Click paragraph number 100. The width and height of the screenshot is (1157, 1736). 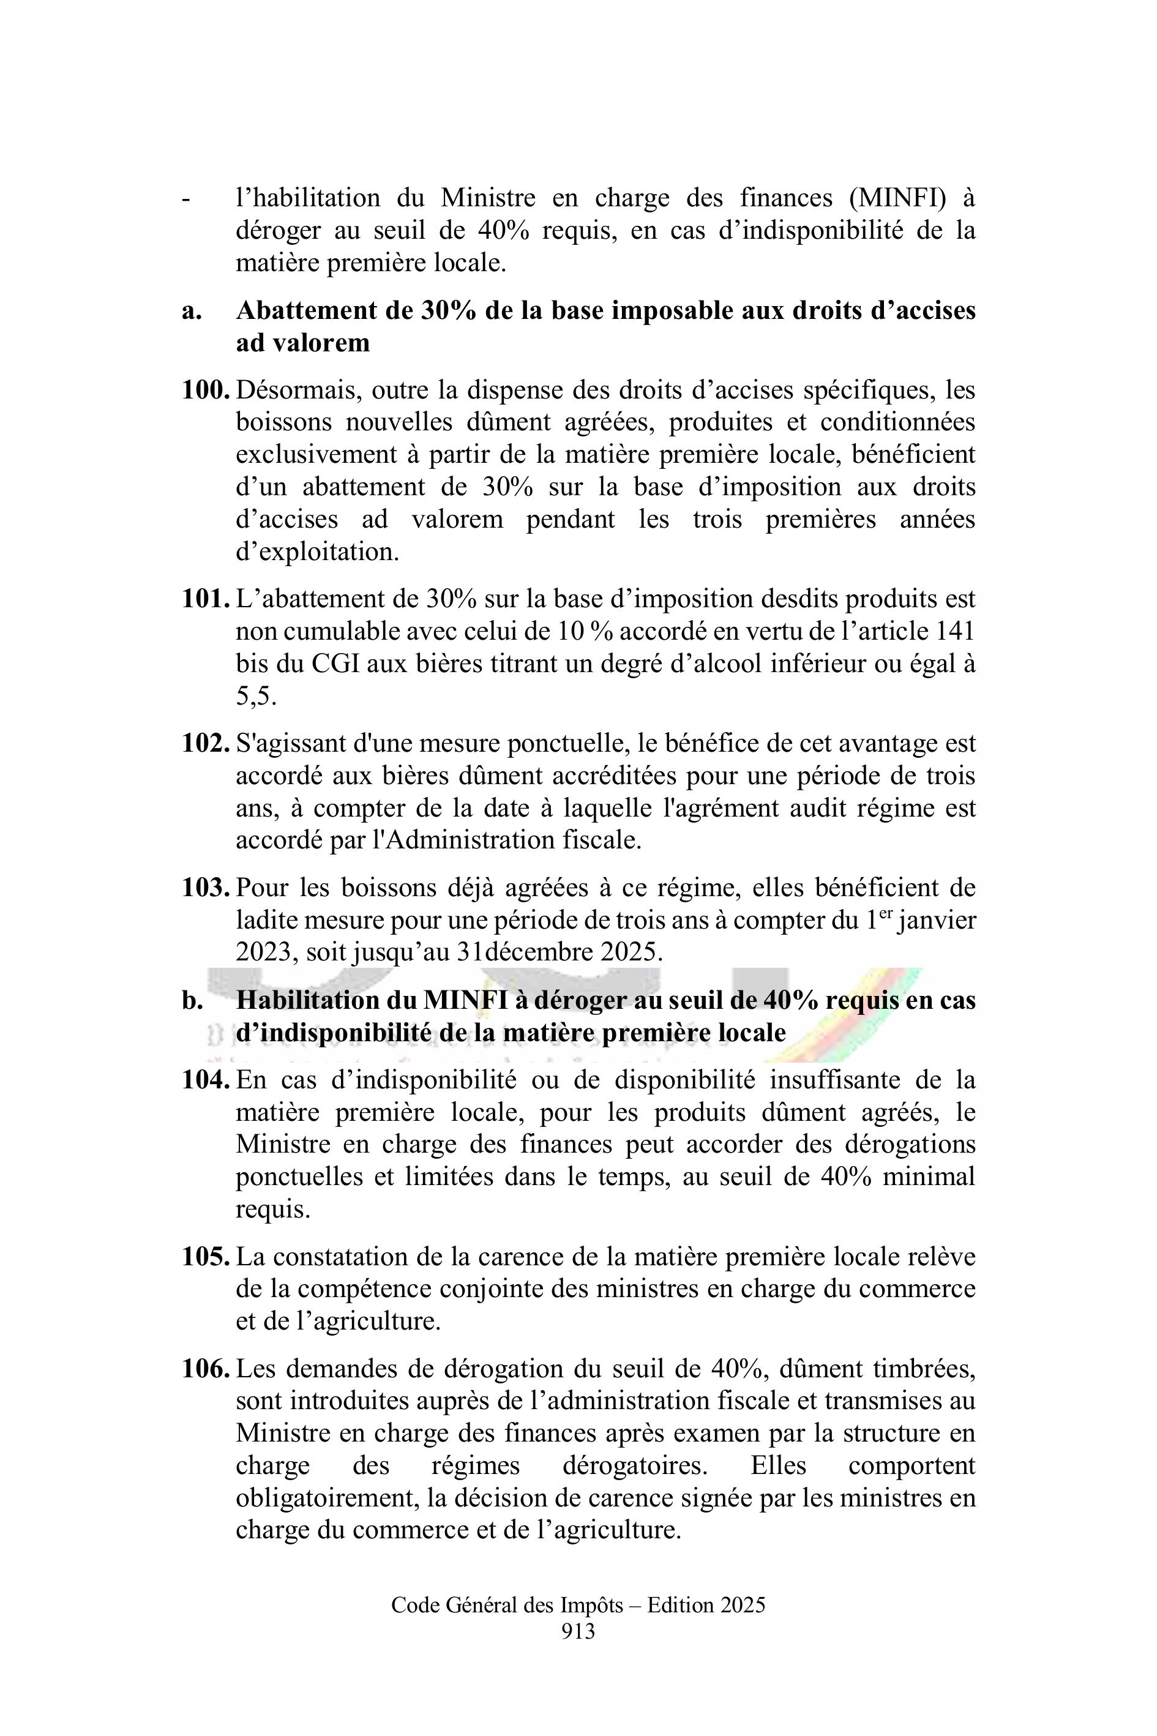pos(206,389)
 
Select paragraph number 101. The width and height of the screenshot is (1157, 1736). pos(206,599)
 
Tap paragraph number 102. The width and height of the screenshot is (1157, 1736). pos(206,743)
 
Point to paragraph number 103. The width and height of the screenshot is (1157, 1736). pos(206,888)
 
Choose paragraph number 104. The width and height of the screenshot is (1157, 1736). pos(206,1080)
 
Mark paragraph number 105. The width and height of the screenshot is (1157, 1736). pos(206,1257)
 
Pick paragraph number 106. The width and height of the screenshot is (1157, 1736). pos(206,1369)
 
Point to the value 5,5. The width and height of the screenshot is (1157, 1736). pos(256,697)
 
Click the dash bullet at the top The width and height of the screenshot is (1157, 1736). pos(185,199)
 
